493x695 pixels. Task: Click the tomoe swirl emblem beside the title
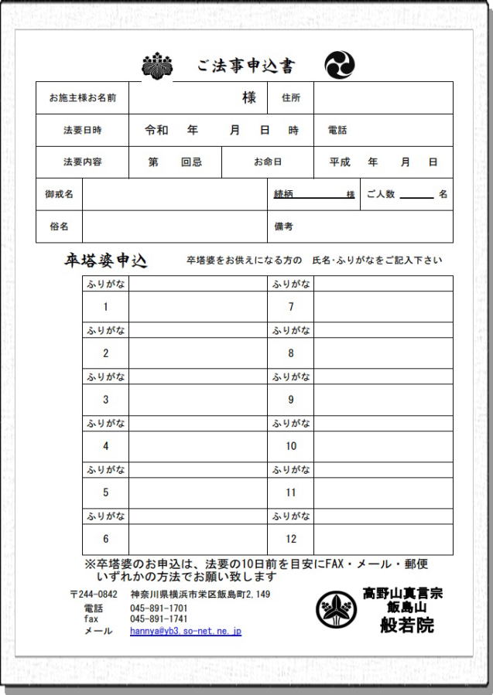tap(339, 65)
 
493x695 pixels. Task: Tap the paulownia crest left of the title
tap(158, 66)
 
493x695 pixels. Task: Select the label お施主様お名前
tap(83, 98)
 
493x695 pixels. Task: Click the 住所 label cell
tap(291, 98)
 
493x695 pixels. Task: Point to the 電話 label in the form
tap(337, 131)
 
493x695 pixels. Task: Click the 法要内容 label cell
tap(83, 162)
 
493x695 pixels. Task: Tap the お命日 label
tap(268, 162)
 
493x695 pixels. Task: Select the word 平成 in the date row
tap(340, 162)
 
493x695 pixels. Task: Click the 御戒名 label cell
tap(60, 194)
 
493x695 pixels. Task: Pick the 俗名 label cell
tap(60, 227)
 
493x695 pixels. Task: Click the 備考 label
tap(284, 227)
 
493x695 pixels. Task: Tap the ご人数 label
tap(381, 194)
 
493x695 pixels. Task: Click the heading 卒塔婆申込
tap(105, 261)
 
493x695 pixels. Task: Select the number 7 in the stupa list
tap(291, 307)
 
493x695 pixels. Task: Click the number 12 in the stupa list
tap(291, 539)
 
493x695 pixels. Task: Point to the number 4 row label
tap(106, 446)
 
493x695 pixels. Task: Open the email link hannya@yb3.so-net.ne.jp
tap(186, 631)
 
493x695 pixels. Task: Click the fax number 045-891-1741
tap(159, 619)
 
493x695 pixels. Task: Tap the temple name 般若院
tap(406, 625)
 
